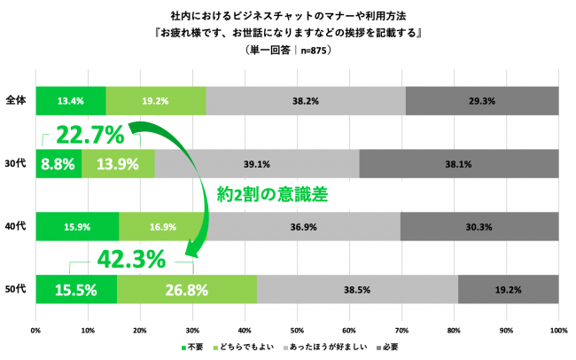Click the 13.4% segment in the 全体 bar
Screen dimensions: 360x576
point(70,101)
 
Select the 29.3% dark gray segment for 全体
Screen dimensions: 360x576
point(482,101)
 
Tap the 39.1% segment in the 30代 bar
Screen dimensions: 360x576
point(257,164)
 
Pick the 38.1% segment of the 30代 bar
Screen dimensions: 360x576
point(458,164)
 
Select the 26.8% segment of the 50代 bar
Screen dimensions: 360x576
point(186,290)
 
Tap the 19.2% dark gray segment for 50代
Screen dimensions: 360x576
point(508,290)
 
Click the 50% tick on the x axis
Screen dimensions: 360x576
point(297,331)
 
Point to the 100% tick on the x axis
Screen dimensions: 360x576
point(558,331)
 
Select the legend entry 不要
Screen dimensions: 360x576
point(192,347)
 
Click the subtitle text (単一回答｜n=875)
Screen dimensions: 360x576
point(287,51)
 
